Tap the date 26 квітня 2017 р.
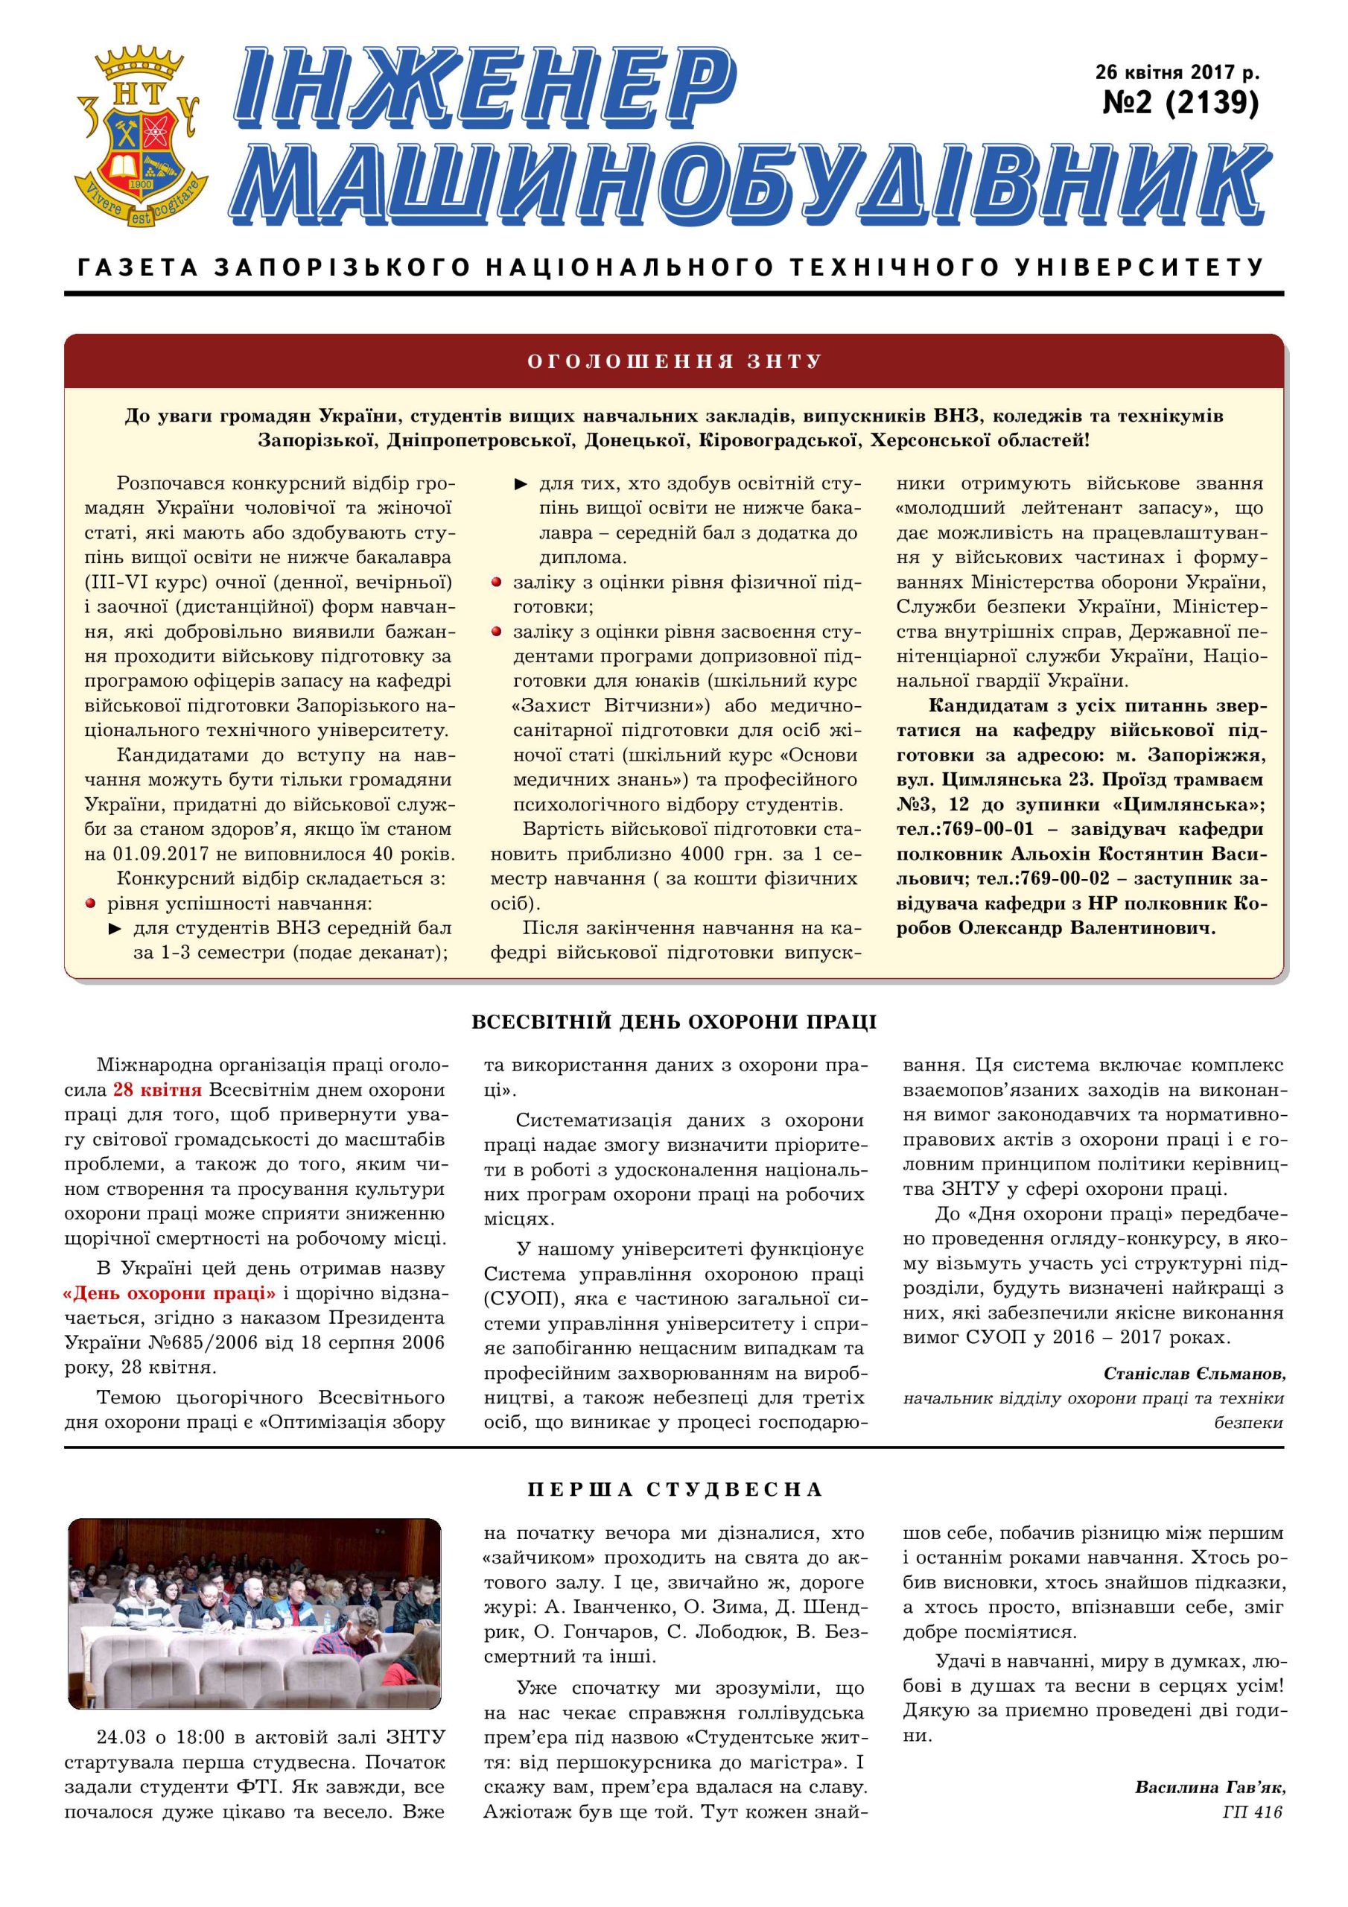click(x=1177, y=72)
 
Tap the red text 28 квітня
click(x=157, y=1090)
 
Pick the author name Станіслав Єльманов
click(x=1194, y=1373)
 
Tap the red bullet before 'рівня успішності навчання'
click(x=92, y=903)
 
